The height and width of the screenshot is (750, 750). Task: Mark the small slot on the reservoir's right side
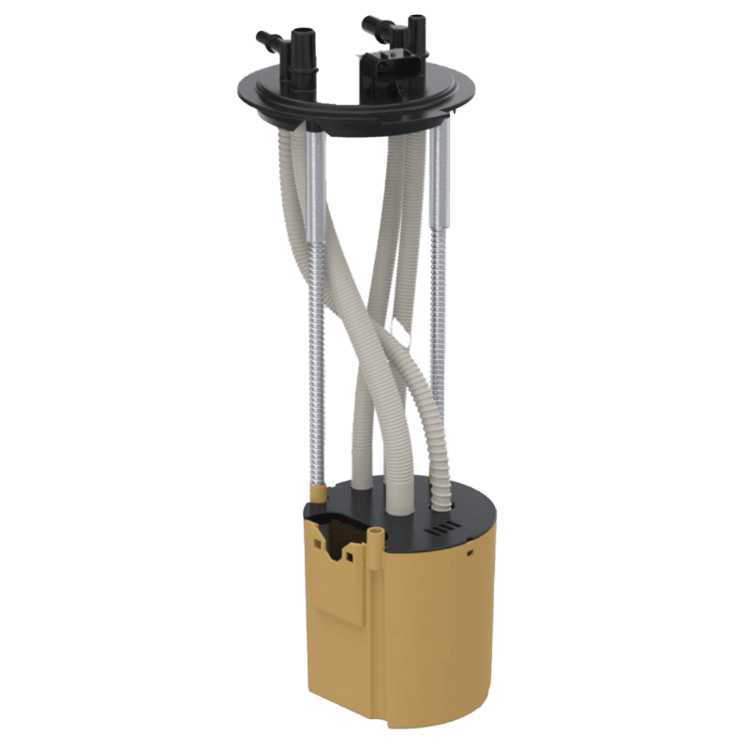coord(469,553)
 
